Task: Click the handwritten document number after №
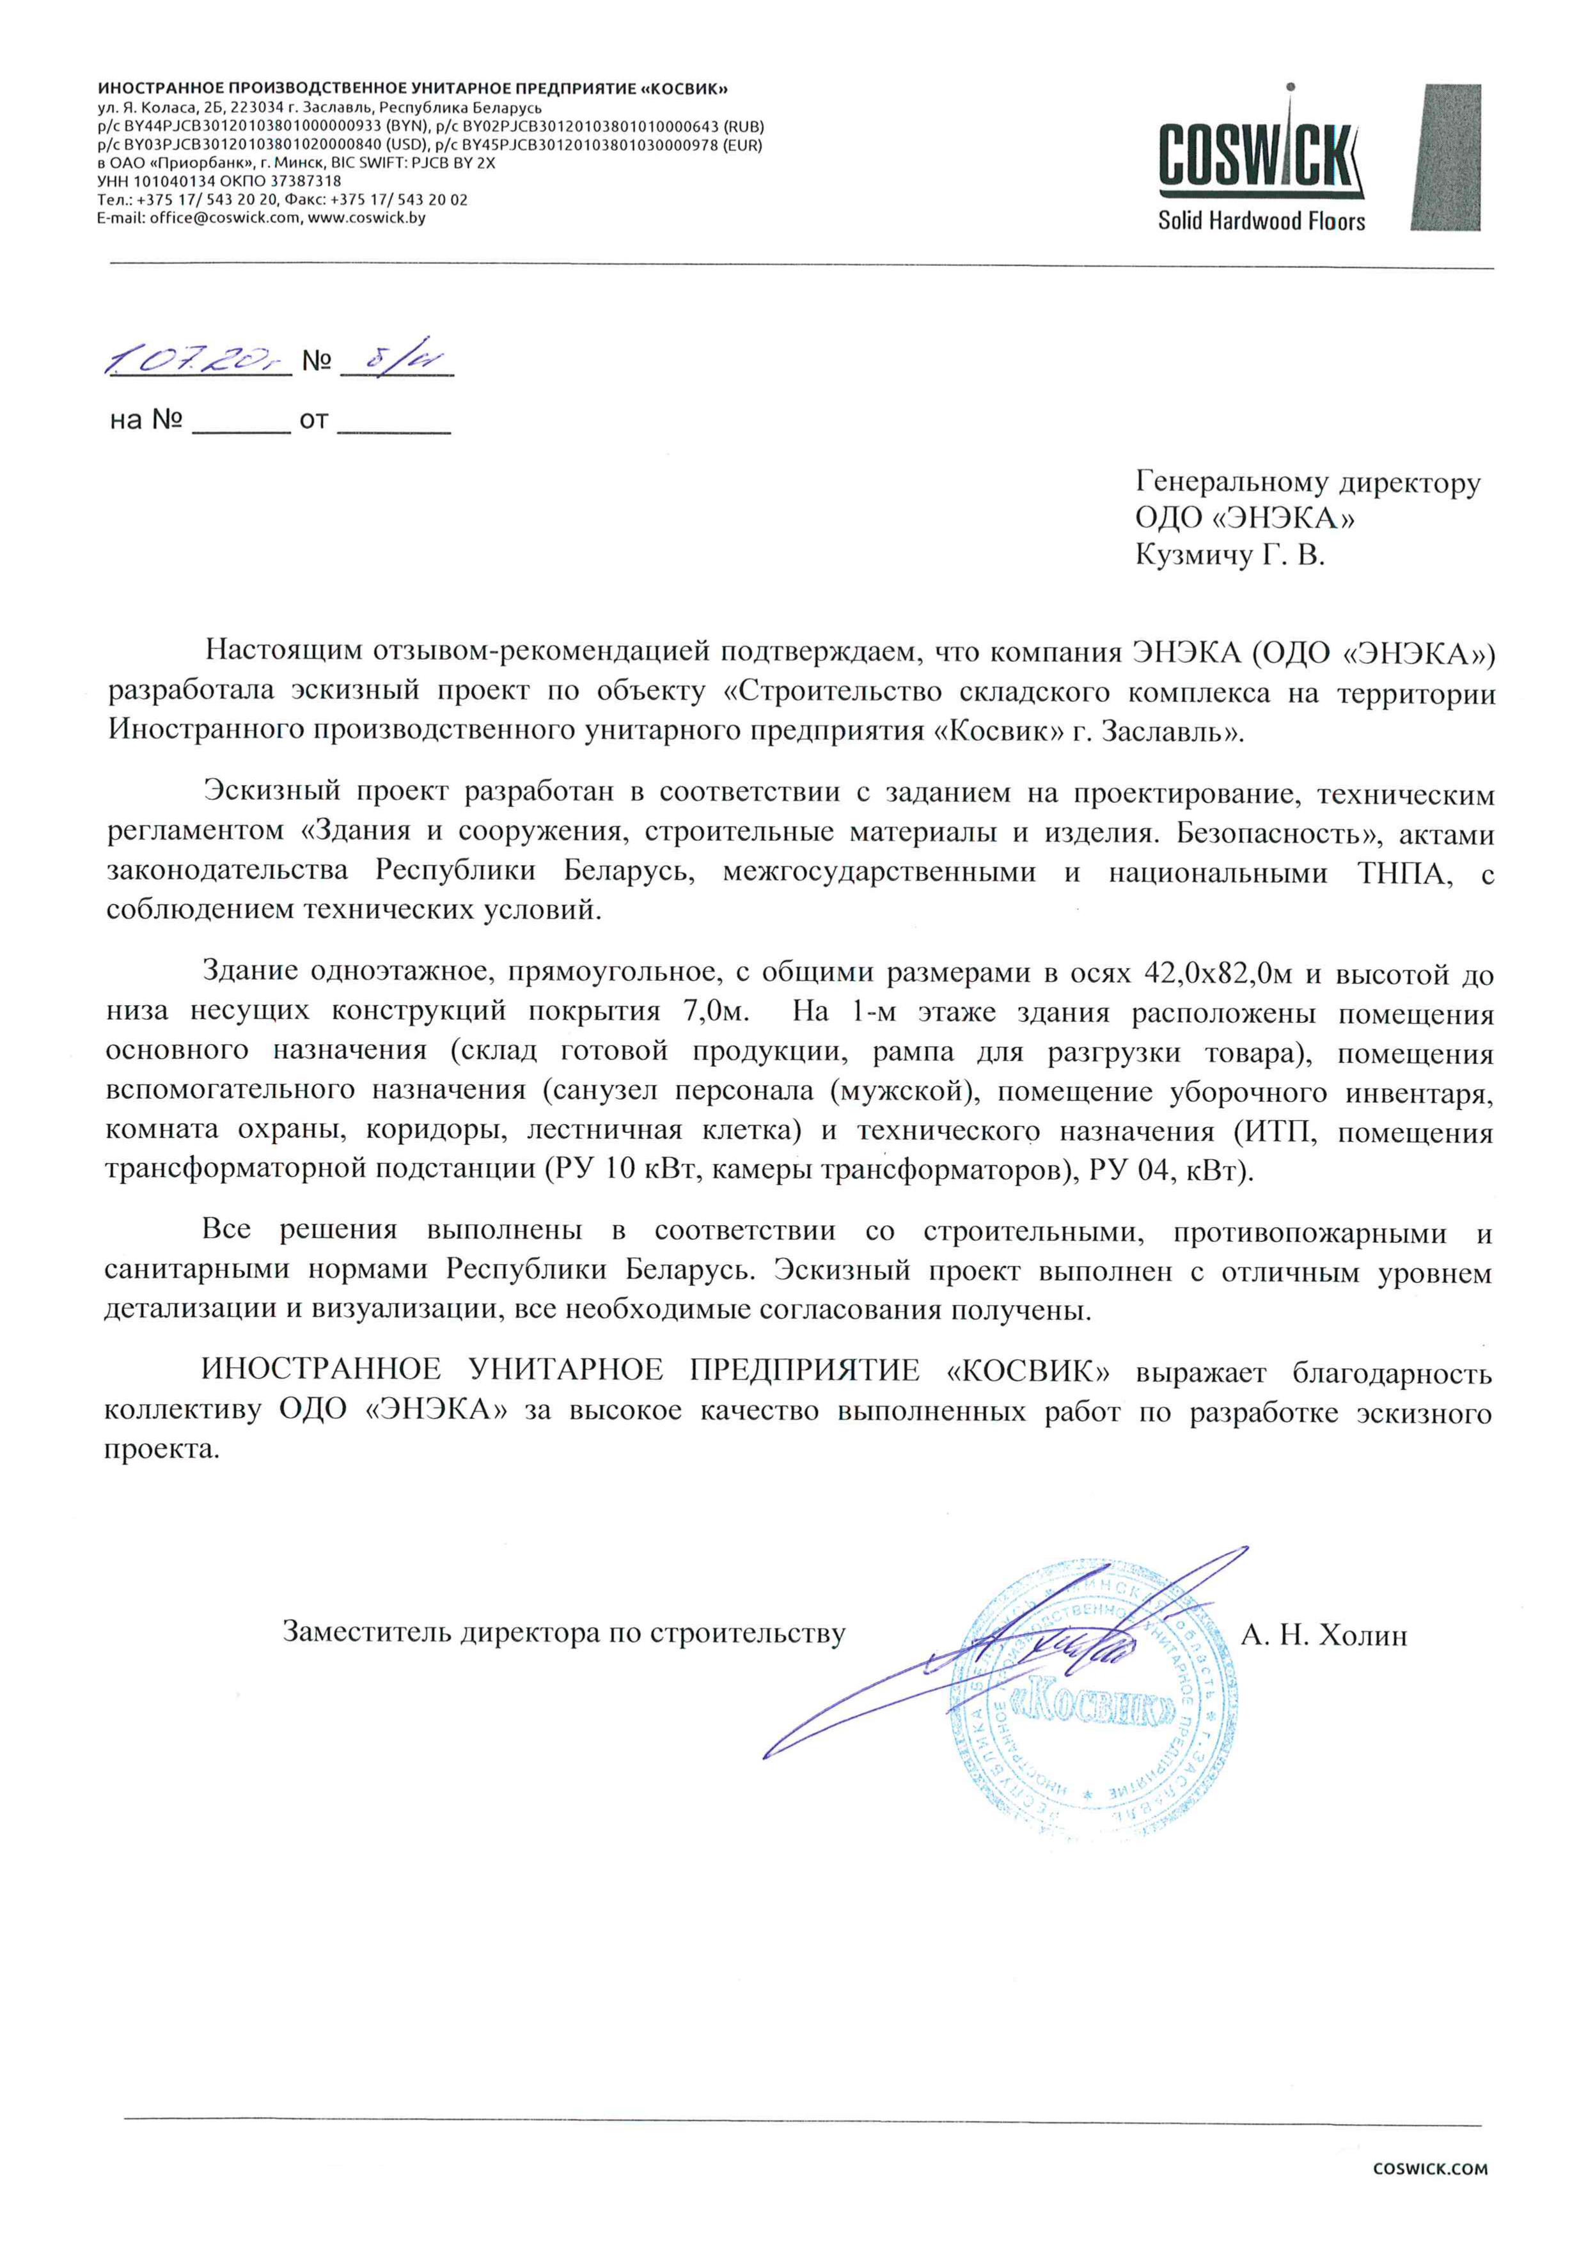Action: tap(394, 359)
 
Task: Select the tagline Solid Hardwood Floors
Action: tap(1260, 221)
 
